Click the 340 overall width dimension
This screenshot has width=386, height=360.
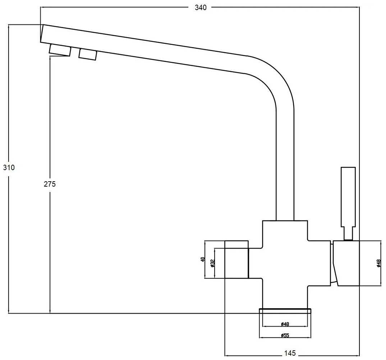click(x=201, y=8)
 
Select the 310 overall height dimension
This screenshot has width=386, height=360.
click(x=8, y=168)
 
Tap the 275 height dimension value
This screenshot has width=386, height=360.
click(x=50, y=184)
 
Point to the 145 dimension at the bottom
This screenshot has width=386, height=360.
click(x=289, y=353)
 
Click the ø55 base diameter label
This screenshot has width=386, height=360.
click(x=285, y=336)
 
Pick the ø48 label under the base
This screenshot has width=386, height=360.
click(x=285, y=324)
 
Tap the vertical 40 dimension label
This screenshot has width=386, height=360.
click(x=203, y=260)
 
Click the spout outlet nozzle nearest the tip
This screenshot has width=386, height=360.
click(x=60, y=50)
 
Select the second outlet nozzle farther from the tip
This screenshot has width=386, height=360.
click(x=88, y=54)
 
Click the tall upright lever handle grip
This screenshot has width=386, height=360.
click(x=348, y=196)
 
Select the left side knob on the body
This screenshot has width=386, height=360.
click(x=236, y=259)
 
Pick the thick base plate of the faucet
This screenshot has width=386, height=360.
click(x=285, y=311)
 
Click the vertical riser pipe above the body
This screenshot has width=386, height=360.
click(x=285, y=162)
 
